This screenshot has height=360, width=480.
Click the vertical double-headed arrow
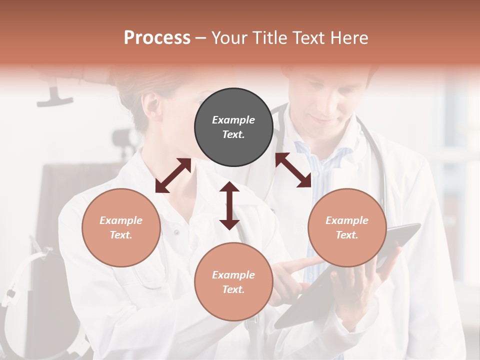pyautogui.click(x=229, y=206)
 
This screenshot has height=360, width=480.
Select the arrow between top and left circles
pyautogui.click(x=173, y=175)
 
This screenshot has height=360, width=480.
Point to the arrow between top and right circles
pyautogui.click(x=293, y=170)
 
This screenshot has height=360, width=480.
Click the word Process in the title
pyautogui.click(x=157, y=37)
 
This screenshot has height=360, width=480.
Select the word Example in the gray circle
pyautogui.click(x=233, y=120)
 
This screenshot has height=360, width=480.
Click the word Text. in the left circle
pyautogui.click(x=121, y=235)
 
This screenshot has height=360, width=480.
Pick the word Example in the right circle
pyautogui.click(x=347, y=220)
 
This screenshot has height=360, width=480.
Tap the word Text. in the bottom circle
pyautogui.click(x=233, y=289)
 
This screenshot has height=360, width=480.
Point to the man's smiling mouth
pyautogui.click(x=324, y=119)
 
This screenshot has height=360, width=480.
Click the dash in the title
pyautogui.click(x=201, y=38)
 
